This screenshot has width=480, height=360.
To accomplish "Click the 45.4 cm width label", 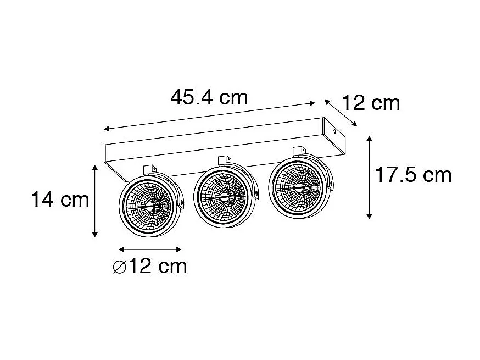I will (209, 98).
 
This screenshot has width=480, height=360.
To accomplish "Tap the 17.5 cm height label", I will (413, 175).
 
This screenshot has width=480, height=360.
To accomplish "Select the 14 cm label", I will (59, 200).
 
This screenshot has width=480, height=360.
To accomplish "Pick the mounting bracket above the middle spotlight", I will (224, 160).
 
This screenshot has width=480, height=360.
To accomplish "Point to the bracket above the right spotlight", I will (299, 151).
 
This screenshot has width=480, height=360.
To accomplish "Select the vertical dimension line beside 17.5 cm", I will (370, 176).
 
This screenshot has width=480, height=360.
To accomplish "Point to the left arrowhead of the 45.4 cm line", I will (107, 129).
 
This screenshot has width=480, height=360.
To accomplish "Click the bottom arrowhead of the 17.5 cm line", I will (370, 216).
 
